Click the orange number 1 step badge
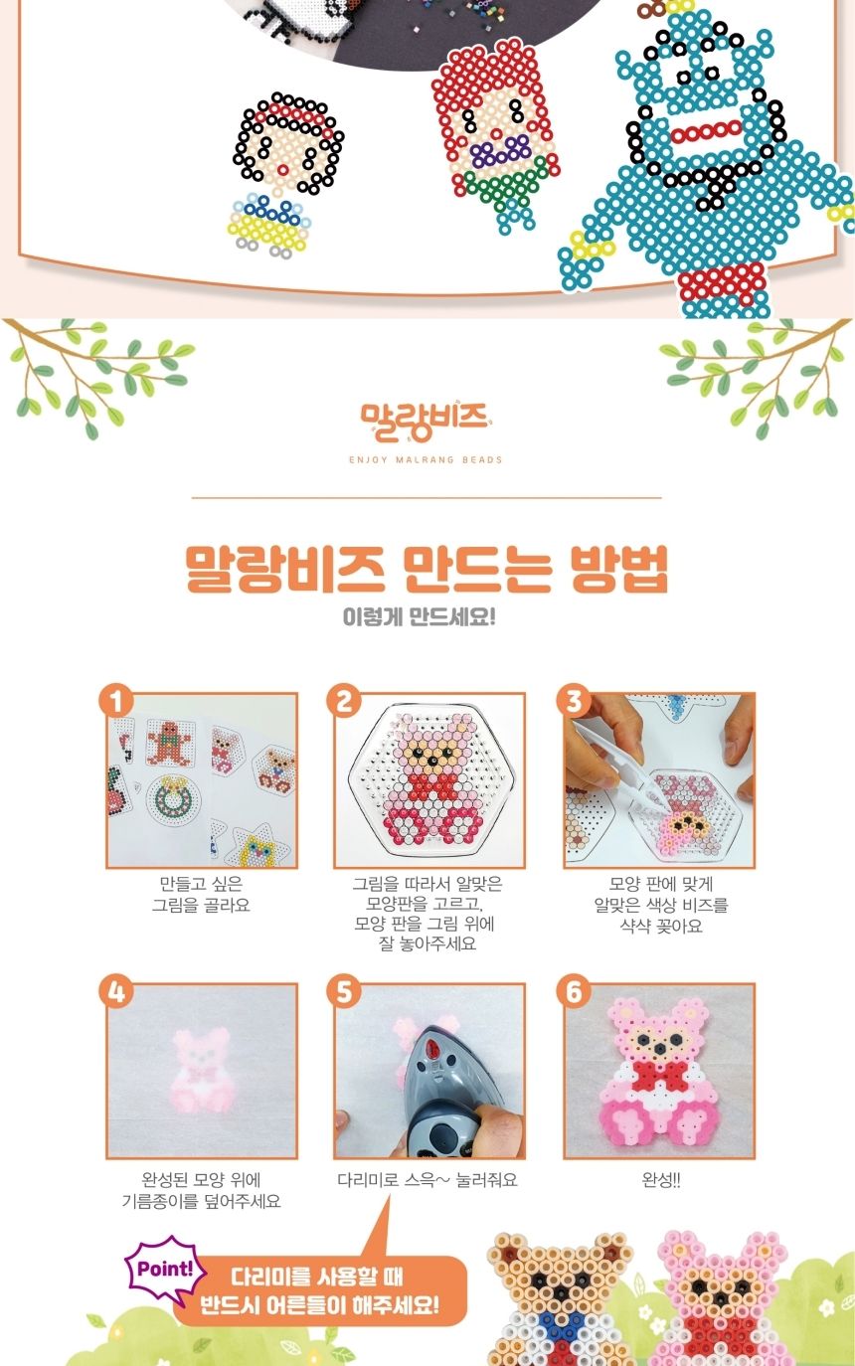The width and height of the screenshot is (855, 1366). click(x=116, y=701)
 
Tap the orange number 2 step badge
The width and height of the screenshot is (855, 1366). click(x=344, y=701)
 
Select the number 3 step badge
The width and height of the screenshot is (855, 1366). click(x=574, y=701)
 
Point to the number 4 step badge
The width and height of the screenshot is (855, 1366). click(x=116, y=991)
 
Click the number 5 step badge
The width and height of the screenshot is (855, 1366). click(x=344, y=991)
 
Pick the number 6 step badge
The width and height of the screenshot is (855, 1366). click(x=574, y=991)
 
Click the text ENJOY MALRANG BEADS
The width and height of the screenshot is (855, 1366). click(x=426, y=460)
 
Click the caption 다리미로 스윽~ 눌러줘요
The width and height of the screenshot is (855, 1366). click(x=427, y=1181)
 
